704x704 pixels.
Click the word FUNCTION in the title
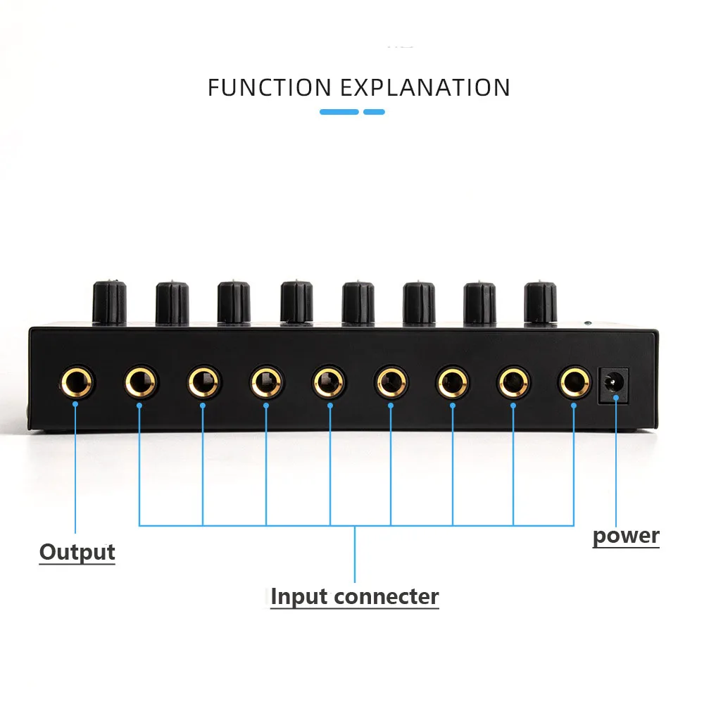[269, 87]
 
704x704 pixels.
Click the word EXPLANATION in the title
[426, 87]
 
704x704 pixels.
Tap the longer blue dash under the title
[339, 112]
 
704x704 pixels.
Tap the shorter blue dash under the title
[374, 112]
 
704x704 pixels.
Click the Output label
[77, 552]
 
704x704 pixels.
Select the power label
[626, 536]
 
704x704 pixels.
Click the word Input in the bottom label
[300, 596]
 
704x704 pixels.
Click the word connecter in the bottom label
[386, 596]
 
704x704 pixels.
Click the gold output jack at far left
[77, 384]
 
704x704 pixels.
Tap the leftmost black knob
[110, 301]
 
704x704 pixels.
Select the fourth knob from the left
[296, 302]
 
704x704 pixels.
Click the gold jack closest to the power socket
[574, 384]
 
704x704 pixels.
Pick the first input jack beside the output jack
[141, 384]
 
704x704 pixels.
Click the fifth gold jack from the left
[329, 384]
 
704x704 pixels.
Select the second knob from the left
[172, 302]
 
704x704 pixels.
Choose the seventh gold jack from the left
[452, 384]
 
